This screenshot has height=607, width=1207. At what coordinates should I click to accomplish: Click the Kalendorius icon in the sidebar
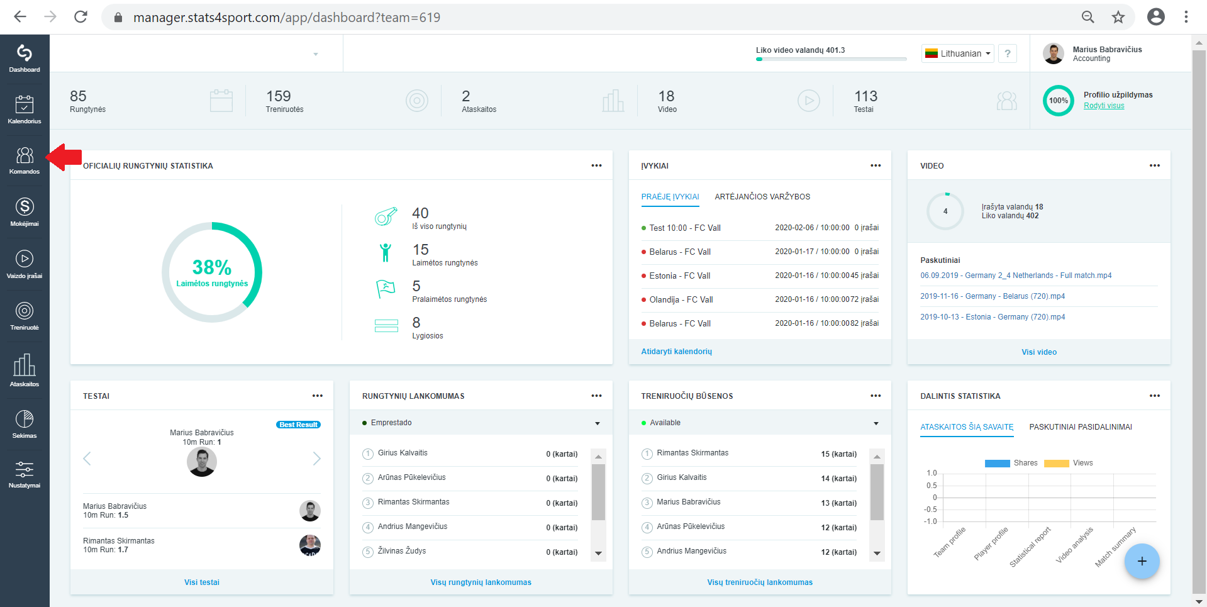click(x=25, y=104)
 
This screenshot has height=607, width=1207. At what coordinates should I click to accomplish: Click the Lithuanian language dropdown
click(x=958, y=53)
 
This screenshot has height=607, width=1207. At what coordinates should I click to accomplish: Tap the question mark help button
click(x=1008, y=53)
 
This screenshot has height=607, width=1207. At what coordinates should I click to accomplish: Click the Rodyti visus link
click(x=1104, y=106)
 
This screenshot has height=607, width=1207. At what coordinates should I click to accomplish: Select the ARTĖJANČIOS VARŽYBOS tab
click(x=762, y=197)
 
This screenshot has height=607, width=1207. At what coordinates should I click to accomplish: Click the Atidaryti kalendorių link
click(x=677, y=352)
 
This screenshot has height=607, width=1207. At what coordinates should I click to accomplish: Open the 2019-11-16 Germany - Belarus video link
click(x=993, y=296)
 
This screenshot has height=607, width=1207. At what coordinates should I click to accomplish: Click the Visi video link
click(x=1039, y=352)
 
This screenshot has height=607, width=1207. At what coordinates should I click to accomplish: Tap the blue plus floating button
click(x=1142, y=561)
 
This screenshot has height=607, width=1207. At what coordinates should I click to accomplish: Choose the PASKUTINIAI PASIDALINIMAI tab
click(x=1081, y=427)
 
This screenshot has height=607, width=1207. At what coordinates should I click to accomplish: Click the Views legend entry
click(x=1069, y=463)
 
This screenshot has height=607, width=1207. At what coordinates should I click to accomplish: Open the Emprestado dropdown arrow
click(x=598, y=423)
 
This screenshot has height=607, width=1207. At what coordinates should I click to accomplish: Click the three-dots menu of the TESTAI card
click(x=318, y=396)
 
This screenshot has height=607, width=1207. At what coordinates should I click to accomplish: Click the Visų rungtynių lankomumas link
click(x=481, y=582)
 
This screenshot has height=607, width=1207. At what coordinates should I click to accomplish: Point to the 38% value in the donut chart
click(x=212, y=267)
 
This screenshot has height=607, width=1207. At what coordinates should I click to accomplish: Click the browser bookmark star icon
click(x=1118, y=17)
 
